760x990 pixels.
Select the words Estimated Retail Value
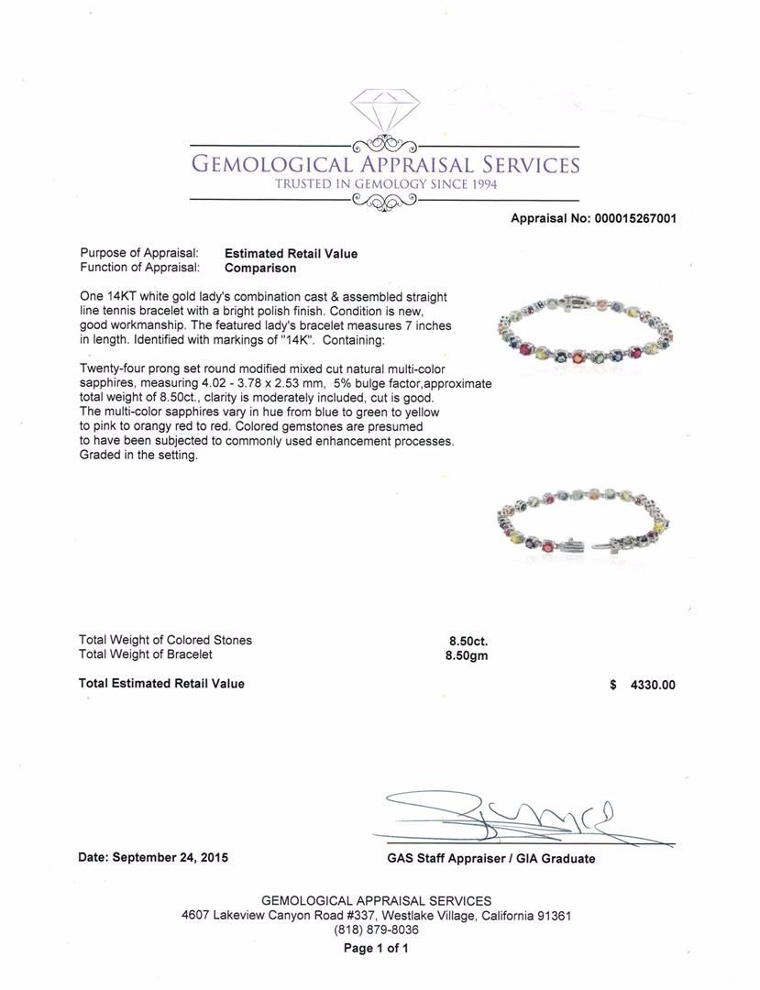(291, 254)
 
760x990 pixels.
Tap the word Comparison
(260, 269)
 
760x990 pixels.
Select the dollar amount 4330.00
(652, 685)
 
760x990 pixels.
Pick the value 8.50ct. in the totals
(468, 641)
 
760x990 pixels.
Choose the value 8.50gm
(468, 655)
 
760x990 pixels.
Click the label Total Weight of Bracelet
(145, 654)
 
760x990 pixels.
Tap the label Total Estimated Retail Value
(161, 684)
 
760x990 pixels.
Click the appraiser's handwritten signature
(513, 816)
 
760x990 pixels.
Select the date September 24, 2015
(170, 858)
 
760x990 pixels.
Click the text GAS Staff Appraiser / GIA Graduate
(491, 859)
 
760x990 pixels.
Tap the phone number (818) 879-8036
(376, 929)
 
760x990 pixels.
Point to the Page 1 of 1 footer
(376, 949)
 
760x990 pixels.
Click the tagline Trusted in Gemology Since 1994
(386, 183)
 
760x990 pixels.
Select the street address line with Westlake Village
(376, 916)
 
